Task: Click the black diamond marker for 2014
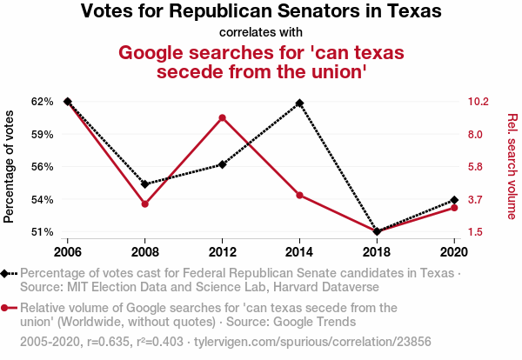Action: tap(300, 103)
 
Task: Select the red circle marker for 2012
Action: tap(223, 117)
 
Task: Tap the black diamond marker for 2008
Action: tap(144, 184)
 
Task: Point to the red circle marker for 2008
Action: tap(144, 203)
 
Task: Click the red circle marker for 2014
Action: tap(300, 195)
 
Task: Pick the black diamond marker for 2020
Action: tap(454, 201)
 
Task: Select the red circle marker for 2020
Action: tap(454, 208)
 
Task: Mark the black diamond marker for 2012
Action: tap(223, 164)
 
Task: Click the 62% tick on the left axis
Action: tap(42, 102)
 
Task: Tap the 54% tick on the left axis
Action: tap(42, 199)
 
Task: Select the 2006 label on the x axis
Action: tap(67, 251)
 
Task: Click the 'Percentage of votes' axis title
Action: tap(10, 166)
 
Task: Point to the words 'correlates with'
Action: tap(261, 32)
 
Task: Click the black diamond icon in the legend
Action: tap(7, 273)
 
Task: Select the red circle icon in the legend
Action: tap(7, 308)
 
